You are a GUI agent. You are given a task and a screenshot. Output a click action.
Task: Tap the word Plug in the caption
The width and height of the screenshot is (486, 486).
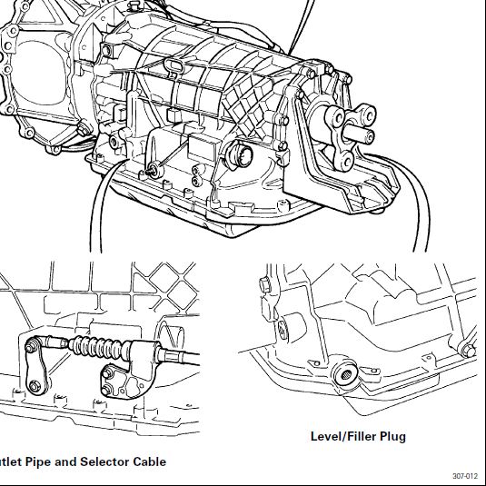click(x=392, y=437)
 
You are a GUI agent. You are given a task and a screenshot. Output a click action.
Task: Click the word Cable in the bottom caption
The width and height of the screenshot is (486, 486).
click(x=150, y=461)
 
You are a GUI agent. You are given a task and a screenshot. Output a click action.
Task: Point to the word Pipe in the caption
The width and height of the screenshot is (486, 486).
click(x=38, y=462)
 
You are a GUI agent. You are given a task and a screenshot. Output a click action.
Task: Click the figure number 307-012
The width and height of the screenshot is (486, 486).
click(x=465, y=476)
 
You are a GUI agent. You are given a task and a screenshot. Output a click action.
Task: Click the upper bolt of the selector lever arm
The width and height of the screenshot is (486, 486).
click(x=30, y=347)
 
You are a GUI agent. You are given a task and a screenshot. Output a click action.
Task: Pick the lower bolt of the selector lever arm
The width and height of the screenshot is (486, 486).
click(x=34, y=386)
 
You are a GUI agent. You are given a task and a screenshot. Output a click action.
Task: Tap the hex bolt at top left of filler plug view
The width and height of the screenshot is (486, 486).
click(x=264, y=285)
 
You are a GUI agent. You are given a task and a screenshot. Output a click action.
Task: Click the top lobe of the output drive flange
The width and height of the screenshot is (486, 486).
click(x=366, y=114)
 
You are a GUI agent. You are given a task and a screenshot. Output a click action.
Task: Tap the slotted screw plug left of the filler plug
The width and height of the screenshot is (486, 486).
click(x=283, y=329)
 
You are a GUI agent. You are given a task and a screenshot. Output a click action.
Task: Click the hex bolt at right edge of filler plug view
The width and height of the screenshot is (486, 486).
click(x=468, y=351)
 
